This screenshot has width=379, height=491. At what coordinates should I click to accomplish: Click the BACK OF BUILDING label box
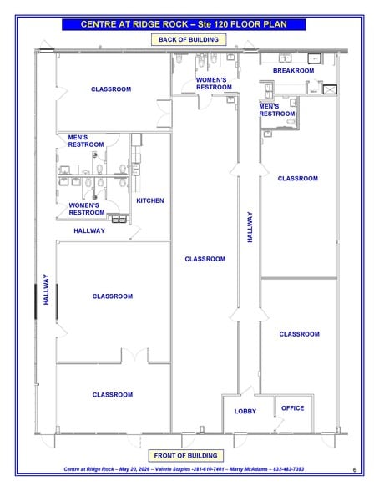coord(189,40)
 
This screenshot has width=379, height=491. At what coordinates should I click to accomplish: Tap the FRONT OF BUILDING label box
coord(185,455)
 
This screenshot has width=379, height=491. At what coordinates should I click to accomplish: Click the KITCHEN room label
coord(150,200)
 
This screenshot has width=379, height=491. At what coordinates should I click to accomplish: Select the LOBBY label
coord(245,411)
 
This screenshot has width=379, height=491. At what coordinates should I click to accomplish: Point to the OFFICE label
coord(293,408)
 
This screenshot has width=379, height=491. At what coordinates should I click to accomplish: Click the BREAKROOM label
coord(294,71)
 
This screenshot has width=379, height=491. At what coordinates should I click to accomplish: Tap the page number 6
coord(355,469)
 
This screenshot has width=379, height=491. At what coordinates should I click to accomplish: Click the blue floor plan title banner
coord(184,24)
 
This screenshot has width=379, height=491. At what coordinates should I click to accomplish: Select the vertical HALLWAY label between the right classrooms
coord(250,227)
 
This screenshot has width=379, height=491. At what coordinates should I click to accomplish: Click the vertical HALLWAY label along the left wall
coord(46,289)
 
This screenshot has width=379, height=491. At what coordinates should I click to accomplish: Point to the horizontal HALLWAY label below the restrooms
coord(89,230)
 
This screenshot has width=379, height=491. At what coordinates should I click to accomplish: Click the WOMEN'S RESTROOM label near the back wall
coord(214,84)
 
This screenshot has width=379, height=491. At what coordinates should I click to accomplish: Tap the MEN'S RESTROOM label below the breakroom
coord(277,110)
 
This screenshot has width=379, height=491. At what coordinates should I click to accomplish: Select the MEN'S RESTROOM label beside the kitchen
coord(86,141)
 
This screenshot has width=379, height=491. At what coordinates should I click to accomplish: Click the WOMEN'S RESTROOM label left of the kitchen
coord(87,209)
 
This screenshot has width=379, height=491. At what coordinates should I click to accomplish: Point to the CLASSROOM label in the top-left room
coord(111,89)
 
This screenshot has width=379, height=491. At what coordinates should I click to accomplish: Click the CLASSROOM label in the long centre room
coord(205,259)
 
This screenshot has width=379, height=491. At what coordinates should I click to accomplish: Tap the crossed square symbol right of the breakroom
coord(330,89)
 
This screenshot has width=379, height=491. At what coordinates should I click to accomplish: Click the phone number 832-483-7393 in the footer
coord(289,469)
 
